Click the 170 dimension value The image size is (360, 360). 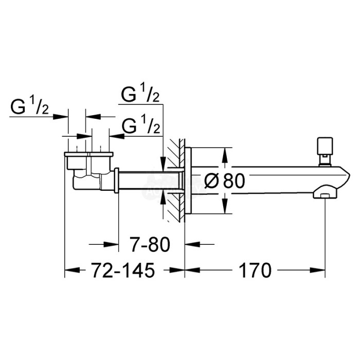(255, 270)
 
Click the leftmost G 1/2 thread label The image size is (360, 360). (30, 107)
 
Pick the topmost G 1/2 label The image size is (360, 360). (140, 94)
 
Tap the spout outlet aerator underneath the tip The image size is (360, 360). (323, 194)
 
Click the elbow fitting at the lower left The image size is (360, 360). (87, 180)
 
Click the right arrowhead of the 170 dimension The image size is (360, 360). (321, 270)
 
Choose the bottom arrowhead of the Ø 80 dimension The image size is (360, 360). (225, 208)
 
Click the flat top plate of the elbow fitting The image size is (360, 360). (88, 154)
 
